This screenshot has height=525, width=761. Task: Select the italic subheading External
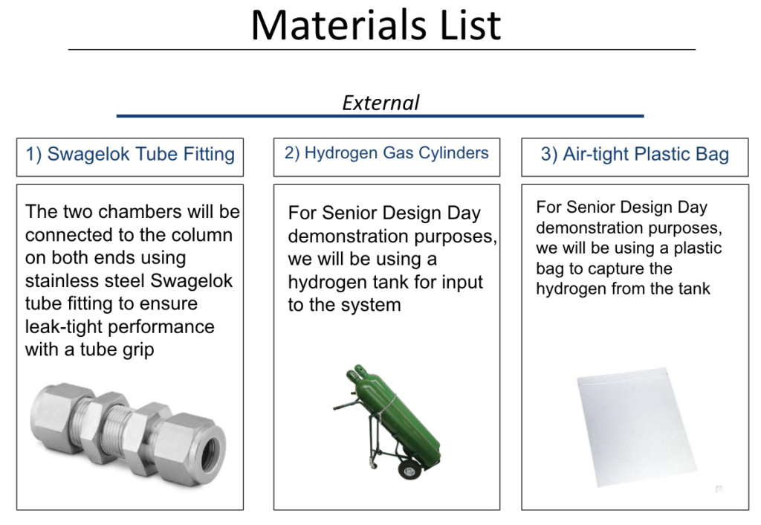click(x=380, y=103)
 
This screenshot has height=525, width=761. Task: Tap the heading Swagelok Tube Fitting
click(x=130, y=155)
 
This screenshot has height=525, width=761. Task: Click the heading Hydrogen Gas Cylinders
click(x=386, y=153)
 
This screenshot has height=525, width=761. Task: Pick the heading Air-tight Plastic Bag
click(x=635, y=155)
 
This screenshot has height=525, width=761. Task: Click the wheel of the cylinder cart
click(x=408, y=470)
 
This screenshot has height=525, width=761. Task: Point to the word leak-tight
click(x=65, y=327)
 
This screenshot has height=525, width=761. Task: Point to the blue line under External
click(x=380, y=116)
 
